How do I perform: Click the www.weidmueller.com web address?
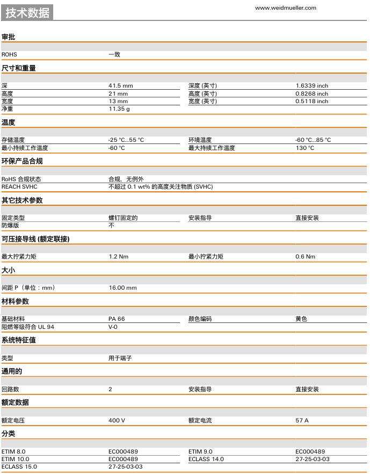[x=286, y=8]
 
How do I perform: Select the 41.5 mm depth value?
[x=120, y=86]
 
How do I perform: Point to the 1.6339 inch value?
[x=311, y=86]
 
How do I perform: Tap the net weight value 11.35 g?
[x=119, y=109]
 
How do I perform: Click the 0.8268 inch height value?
[x=311, y=94]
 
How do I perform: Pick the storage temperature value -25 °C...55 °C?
[x=126, y=140]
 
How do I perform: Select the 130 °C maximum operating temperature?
[x=304, y=148]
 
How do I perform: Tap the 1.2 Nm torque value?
[x=118, y=256]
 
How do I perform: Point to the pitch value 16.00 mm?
[x=122, y=288]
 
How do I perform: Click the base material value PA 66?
[x=117, y=319]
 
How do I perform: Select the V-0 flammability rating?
[x=113, y=326]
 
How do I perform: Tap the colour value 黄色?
[x=301, y=319]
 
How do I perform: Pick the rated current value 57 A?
[x=302, y=420]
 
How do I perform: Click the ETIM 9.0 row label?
[x=200, y=451]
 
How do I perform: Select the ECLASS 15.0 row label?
[x=19, y=466]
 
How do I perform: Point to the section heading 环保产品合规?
[x=22, y=161]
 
